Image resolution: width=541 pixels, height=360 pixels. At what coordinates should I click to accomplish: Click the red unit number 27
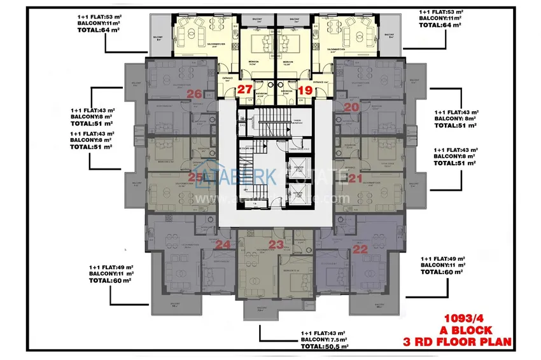tap(244, 90)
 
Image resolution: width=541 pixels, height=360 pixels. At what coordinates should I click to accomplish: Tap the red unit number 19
tap(305, 90)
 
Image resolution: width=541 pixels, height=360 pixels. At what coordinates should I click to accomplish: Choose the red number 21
tap(355, 178)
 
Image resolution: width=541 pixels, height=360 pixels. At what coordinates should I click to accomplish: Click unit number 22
tap(360, 249)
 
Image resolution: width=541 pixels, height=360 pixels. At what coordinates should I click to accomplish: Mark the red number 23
tap(276, 244)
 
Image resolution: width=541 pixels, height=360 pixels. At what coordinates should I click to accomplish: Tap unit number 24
tap(223, 244)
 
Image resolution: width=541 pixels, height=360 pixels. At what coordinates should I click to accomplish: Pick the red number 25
tap(197, 178)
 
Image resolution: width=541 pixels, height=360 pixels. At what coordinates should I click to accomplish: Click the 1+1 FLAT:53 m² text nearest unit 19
tap(442, 12)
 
